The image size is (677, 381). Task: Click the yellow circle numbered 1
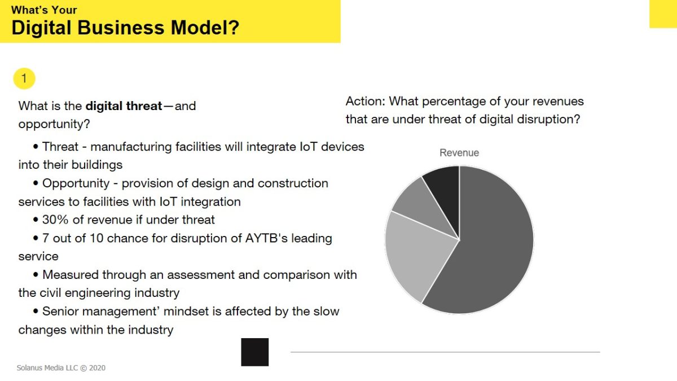pos(24,78)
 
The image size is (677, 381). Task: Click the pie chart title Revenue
pos(459,153)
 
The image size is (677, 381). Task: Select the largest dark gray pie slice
pos(490,242)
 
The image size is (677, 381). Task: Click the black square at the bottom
pos(255,352)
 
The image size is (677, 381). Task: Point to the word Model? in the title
pos(205,28)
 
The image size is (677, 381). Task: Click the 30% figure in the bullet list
pos(55,220)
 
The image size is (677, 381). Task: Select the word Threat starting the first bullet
pos(60,147)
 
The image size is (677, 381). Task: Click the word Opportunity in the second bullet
pos(76,184)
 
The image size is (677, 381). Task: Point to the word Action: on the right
pos(365,101)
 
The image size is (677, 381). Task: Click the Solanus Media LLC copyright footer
pos(61,367)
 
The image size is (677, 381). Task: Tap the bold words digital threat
pos(124,106)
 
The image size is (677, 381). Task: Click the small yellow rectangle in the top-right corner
pos(663,14)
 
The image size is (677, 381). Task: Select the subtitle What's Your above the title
pos(44,10)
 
